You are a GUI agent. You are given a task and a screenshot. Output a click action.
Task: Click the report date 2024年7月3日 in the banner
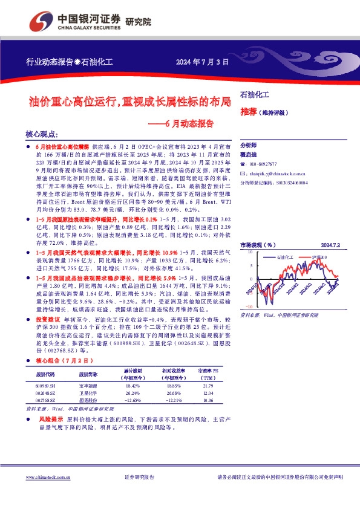[203, 62]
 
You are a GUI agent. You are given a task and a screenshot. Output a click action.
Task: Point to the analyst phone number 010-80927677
[269, 164]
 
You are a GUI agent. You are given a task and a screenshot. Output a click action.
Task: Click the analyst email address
[276, 172]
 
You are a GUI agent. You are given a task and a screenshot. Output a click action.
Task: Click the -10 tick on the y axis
[248, 306]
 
